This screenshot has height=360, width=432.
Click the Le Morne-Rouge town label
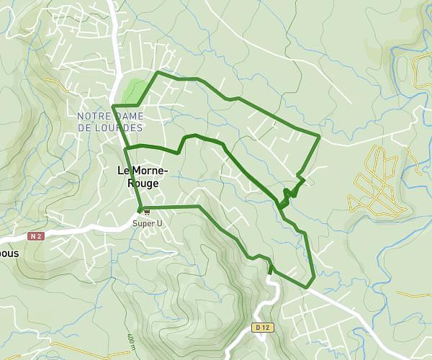[x=142, y=176]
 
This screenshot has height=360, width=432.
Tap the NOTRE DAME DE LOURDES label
[x=110, y=122]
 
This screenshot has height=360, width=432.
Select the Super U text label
[x=147, y=223]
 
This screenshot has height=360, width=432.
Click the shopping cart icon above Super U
[x=147, y=212]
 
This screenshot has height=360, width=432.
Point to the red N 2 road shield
[x=37, y=235]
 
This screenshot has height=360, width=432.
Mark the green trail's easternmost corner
[x=320, y=135]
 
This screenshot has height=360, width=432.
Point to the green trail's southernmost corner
[x=307, y=287]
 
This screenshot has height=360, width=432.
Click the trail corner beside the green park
[x=158, y=73]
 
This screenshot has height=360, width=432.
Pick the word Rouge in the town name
[x=142, y=183]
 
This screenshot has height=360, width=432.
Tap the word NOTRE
[x=93, y=116]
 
